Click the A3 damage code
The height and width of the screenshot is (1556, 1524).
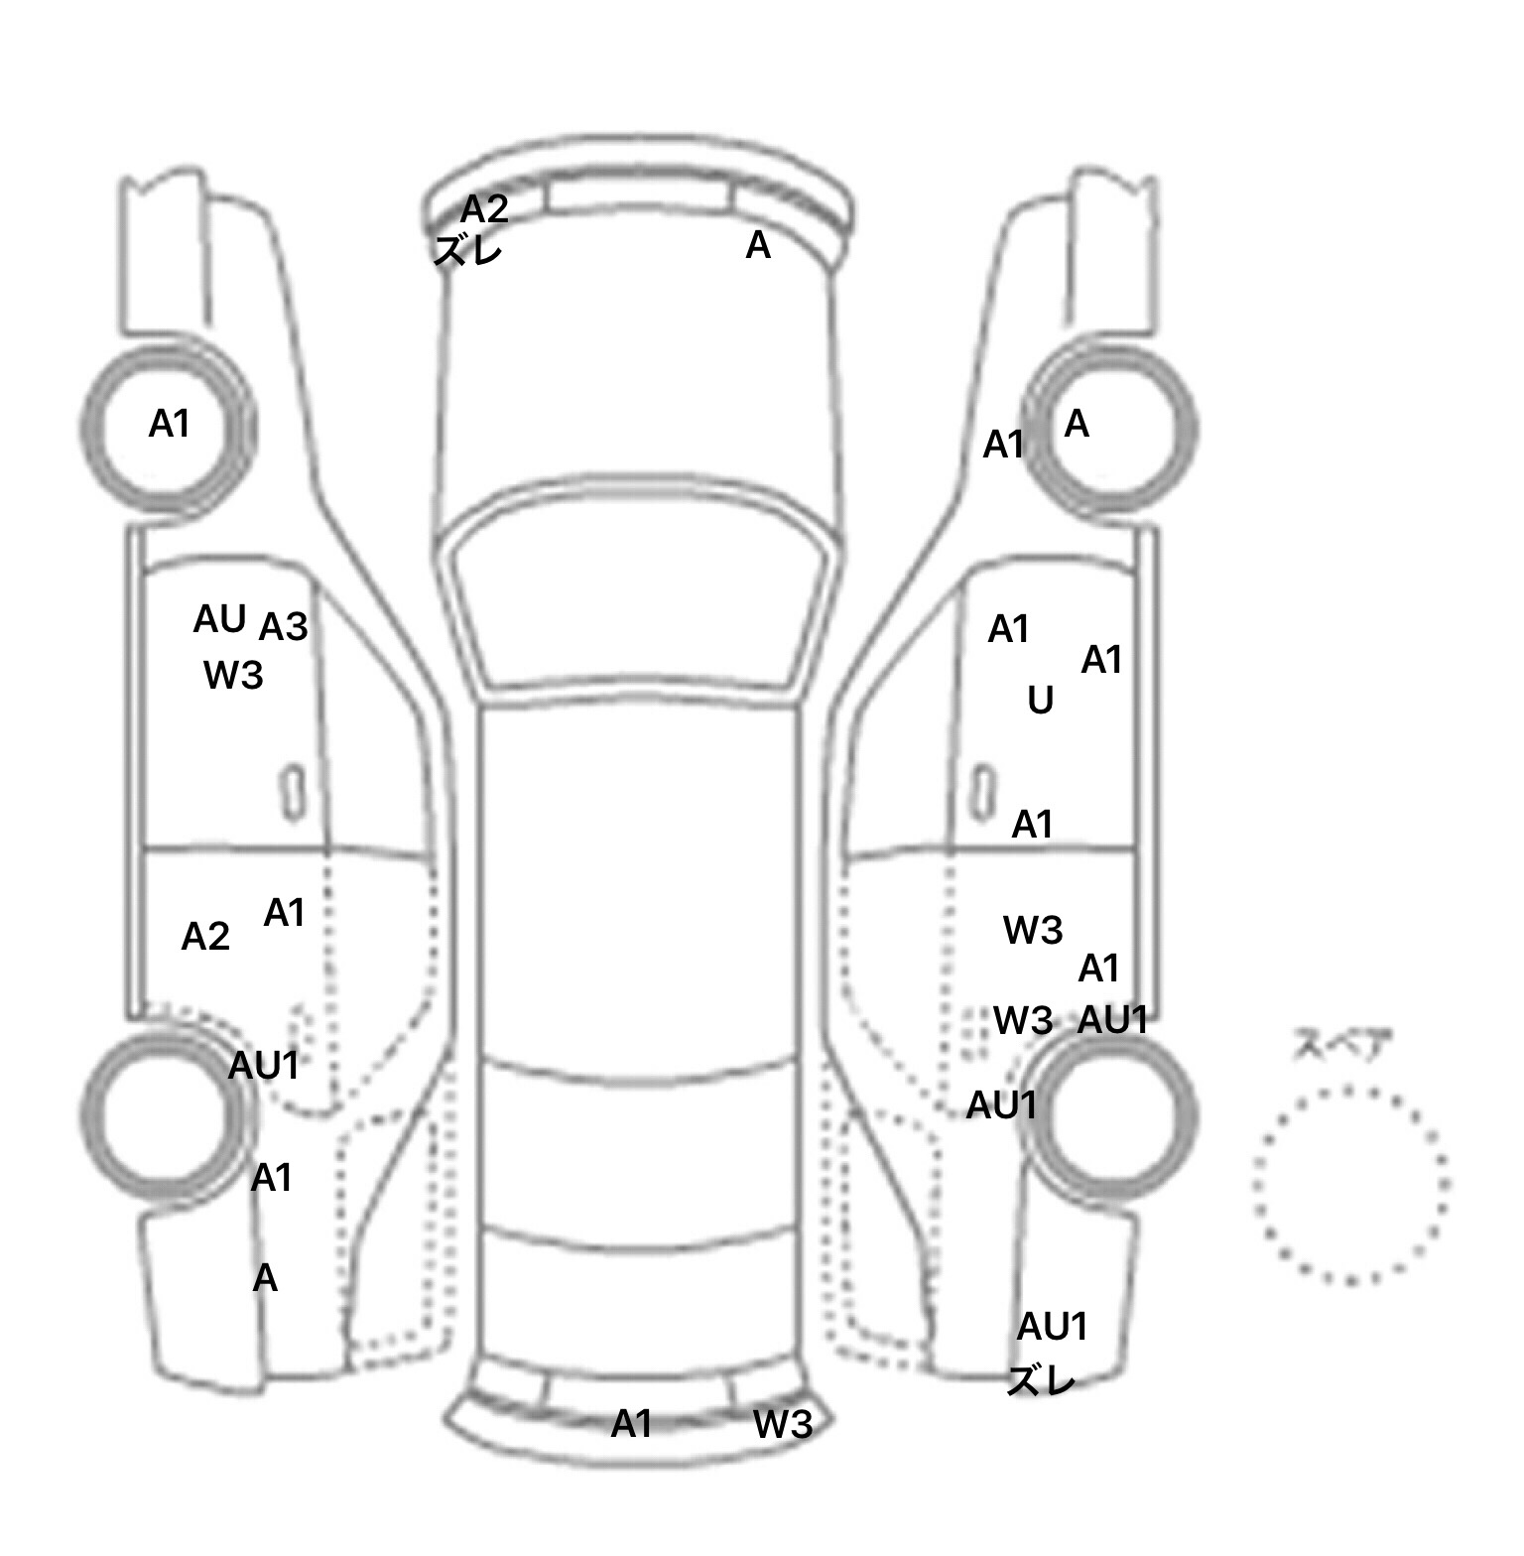click(x=284, y=627)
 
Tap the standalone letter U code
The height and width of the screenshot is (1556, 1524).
click(x=1040, y=702)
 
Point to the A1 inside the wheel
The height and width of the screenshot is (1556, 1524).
click(x=169, y=425)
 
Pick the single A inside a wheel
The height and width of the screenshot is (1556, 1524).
click(x=1077, y=425)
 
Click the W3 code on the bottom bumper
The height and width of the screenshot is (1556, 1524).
click(x=783, y=1425)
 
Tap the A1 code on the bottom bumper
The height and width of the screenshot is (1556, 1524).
click(x=631, y=1425)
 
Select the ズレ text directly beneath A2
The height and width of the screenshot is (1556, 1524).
click(x=468, y=249)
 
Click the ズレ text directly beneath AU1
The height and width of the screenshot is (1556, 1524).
click(x=1041, y=1380)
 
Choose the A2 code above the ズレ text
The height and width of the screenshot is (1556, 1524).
click(x=484, y=209)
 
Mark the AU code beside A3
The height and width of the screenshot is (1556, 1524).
click(x=219, y=619)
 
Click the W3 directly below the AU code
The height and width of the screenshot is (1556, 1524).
click(x=233, y=676)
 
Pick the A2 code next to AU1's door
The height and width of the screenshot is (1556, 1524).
click(x=205, y=937)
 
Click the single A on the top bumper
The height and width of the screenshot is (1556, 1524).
click(x=758, y=245)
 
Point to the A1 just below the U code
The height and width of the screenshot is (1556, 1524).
click(x=1032, y=825)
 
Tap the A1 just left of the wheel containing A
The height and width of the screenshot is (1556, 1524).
click(x=1003, y=446)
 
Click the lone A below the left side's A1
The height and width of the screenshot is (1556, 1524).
click(x=265, y=1278)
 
